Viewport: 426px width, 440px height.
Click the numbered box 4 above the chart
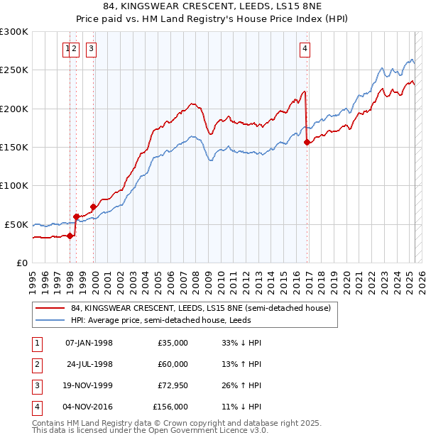tap(305, 49)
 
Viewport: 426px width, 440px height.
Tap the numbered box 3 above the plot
tap(92, 49)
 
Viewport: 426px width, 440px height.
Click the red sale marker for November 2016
tap(307, 143)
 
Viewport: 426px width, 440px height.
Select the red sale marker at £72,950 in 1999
tap(93, 207)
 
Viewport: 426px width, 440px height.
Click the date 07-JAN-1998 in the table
tap(89, 343)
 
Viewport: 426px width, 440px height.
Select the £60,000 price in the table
tap(173, 364)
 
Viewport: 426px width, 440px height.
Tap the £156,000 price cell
tap(170, 407)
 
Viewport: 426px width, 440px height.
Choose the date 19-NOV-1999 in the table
tap(89, 385)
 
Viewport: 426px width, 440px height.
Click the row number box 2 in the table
tap(35, 364)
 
